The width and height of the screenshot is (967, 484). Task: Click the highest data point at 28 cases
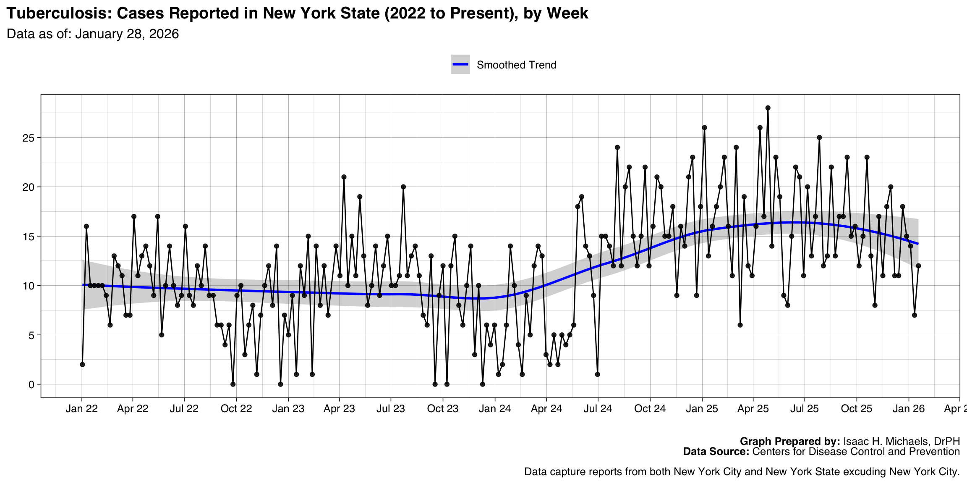coord(768,108)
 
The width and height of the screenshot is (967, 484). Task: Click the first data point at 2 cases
coord(82,364)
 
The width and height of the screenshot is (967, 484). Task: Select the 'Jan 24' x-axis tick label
coord(494,409)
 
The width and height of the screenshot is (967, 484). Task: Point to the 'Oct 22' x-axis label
coord(236,409)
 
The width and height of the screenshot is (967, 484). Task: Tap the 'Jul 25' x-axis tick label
coord(804,409)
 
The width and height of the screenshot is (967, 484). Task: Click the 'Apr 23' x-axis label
coord(339,409)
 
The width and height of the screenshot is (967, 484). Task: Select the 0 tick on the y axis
coord(31,384)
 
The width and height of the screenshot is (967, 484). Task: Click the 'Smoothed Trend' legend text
coord(516,65)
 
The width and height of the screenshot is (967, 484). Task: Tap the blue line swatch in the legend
coord(460,64)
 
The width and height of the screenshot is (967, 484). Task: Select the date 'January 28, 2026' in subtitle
coord(127,34)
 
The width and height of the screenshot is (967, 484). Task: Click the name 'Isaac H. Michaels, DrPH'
coord(902,442)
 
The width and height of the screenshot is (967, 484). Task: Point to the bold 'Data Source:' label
coord(716,452)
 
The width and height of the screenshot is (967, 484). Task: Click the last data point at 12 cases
coord(918,266)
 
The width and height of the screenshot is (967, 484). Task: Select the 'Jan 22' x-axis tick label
coord(81,409)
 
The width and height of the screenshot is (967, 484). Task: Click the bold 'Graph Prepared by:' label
coord(790,442)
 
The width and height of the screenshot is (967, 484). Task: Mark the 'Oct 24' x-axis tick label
coord(650,409)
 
